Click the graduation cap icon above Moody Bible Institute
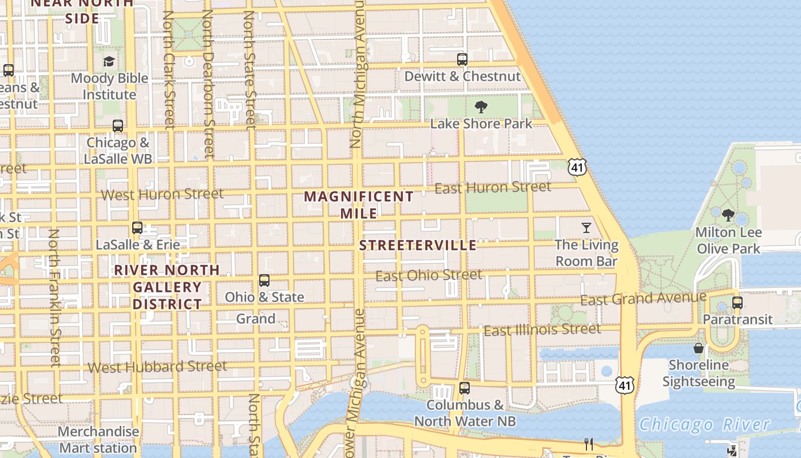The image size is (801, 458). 109,61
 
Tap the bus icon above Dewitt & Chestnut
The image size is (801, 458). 462,59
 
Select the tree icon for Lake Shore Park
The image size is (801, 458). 481,106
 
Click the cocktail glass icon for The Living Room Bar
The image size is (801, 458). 586,228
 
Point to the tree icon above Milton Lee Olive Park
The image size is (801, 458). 728,215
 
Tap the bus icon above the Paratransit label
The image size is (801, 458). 737,302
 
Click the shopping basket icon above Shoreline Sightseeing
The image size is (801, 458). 698,348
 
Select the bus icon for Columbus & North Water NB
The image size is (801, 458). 465,388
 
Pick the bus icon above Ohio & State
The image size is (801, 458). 264,280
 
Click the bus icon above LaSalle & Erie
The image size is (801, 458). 137,227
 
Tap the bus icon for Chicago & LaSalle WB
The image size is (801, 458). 118,125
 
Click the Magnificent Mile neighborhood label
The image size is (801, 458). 359,204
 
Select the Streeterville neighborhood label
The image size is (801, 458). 418,246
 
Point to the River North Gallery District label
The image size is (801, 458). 167,286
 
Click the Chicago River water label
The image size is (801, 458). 704,424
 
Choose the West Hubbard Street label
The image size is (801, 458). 157,366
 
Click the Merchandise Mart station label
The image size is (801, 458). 98,439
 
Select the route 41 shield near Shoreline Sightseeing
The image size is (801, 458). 625,385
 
